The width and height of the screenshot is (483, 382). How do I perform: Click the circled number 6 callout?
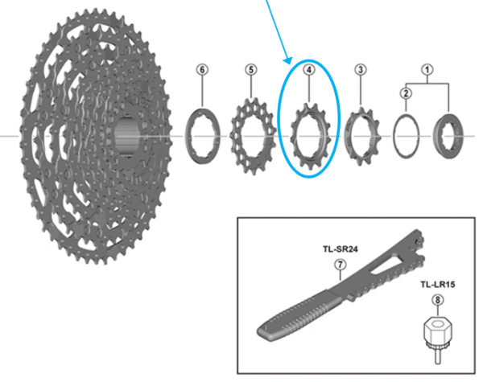pos(201,69)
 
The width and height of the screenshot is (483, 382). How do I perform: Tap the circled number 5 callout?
pos(251,69)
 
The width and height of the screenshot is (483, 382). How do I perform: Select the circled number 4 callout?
pos(308,69)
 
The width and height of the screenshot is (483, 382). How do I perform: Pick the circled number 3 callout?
pos(360,69)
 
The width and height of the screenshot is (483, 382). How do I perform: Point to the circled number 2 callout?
pos(407,93)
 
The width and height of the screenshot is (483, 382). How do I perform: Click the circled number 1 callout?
pos(428,69)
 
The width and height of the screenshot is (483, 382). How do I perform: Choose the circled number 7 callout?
pos(341,265)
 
